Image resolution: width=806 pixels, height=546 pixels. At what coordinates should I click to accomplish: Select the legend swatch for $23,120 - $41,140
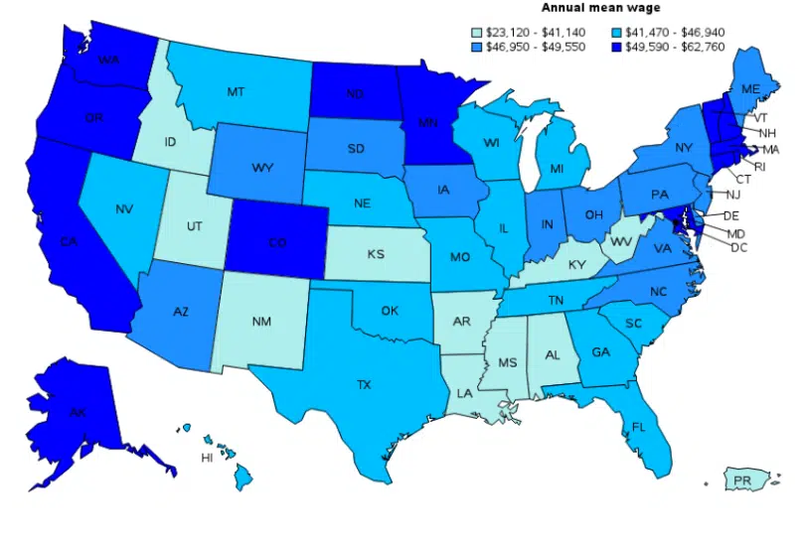coord(476,33)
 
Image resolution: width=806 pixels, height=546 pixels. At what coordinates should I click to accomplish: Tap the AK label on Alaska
coord(77,412)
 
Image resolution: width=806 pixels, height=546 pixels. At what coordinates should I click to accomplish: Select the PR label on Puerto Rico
coord(741,481)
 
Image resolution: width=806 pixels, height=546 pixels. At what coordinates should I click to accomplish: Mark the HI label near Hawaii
coord(207,459)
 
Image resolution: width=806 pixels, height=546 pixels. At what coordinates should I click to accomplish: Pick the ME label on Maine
coord(751,89)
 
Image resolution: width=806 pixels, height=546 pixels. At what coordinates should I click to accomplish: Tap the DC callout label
coord(737,247)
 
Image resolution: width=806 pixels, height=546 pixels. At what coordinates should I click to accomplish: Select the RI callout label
coord(760,166)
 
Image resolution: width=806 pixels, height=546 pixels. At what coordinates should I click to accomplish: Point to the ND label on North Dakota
coord(355,95)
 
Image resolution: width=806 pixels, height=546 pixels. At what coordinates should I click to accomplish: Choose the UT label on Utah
coord(195,227)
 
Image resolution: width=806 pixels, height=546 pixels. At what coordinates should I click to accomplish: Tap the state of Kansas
coord(375,255)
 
